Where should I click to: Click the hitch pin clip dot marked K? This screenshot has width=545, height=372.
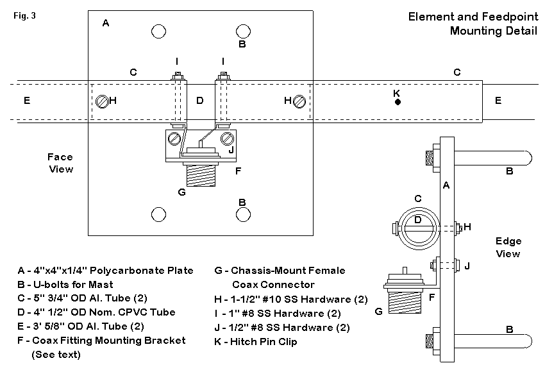[x=398, y=102]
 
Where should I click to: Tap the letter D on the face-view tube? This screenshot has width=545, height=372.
[x=200, y=101]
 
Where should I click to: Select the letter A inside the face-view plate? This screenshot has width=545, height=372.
[x=106, y=23]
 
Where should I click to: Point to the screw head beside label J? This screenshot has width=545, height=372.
[x=226, y=139]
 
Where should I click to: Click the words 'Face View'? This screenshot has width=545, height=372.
[x=61, y=163]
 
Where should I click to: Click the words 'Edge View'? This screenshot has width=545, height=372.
[x=508, y=248]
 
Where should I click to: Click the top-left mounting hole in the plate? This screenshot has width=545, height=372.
[x=158, y=31]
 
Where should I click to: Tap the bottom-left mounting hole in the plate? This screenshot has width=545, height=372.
[x=158, y=214]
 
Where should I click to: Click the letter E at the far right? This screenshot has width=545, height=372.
[x=498, y=101]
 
